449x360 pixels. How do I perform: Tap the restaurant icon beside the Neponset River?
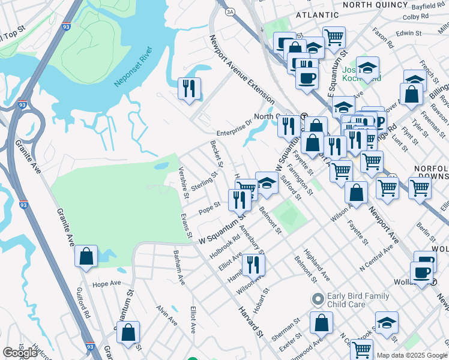coord(188,89)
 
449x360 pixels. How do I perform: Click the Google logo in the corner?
coord(20,353)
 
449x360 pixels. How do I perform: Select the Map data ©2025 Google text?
coord(411,355)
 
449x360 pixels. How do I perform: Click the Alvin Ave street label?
coord(166,316)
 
